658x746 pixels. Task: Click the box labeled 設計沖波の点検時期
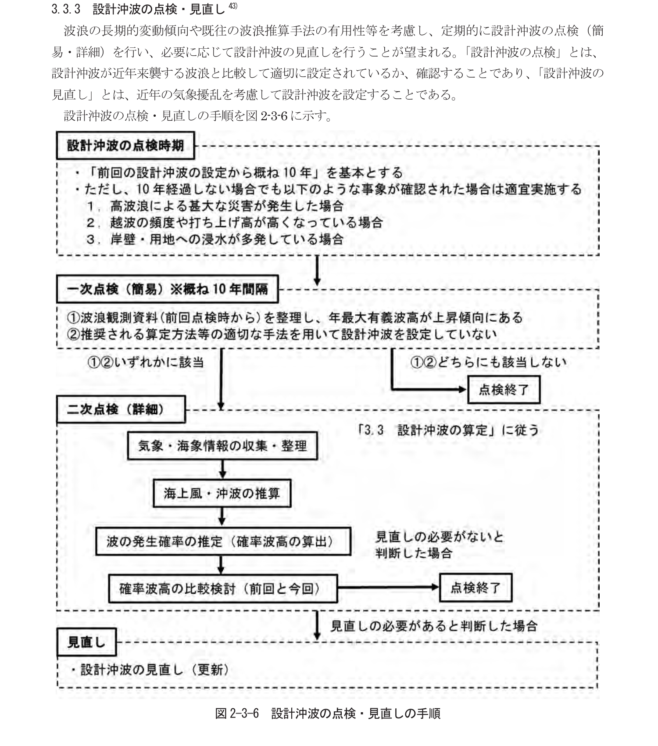125,146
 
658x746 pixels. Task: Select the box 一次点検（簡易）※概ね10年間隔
167,289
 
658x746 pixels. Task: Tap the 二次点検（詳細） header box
121,409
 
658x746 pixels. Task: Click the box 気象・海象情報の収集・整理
222,446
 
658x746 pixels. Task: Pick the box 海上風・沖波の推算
222,494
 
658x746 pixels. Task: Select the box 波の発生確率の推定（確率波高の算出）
223,542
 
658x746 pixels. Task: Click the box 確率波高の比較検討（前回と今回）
223,588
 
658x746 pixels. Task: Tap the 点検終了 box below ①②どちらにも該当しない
504,389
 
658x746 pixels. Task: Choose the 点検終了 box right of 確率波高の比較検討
476,588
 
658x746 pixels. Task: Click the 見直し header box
86,642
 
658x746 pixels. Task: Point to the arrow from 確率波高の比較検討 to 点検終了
388,588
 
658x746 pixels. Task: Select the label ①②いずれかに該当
146,362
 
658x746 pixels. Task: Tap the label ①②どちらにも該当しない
488,362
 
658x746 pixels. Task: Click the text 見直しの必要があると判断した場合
433,626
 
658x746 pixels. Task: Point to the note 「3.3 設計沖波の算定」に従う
448,430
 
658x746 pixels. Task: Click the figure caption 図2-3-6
327,714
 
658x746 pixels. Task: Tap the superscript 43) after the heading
233,6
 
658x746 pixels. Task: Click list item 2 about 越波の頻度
235,222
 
